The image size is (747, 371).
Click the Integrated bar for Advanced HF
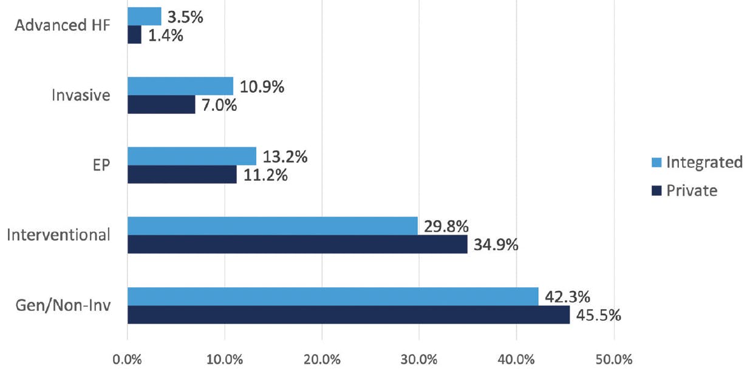click(x=144, y=16)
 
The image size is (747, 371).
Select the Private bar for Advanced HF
click(x=134, y=35)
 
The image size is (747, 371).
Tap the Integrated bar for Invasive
click(x=180, y=86)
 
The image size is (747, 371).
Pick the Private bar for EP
click(x=182, y=175)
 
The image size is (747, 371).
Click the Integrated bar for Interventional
click(x=273, y=226)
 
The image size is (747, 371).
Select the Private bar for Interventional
click(x=297, y=244)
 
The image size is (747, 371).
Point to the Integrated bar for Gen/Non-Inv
click(x=333, y=296)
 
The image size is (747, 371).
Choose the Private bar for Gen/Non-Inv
click(x=349, y=315)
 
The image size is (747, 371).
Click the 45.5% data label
click(x=598, y=315)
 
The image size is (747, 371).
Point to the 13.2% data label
click(x=283, y=156)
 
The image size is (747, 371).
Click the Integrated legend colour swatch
click(x=655, y=163)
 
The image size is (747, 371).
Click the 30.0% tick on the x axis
click(x=419, y=358)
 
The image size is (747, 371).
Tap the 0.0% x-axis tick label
click(x=128, y=358)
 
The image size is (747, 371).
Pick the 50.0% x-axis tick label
click(x=613, y=358)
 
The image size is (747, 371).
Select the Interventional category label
click(x=58, y=235)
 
